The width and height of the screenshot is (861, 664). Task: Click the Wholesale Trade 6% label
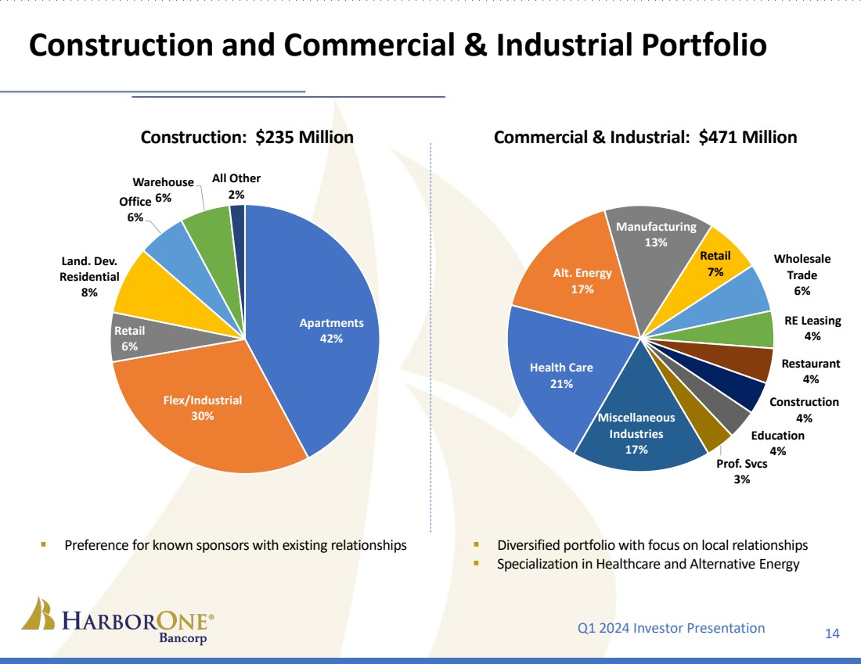(x=802, y=275)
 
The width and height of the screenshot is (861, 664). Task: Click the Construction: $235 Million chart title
(x=247, y=138)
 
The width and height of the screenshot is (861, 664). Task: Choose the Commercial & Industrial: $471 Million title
(x=645, y=138)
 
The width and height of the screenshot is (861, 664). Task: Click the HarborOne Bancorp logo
(x=117, y=623)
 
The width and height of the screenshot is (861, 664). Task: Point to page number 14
(x=832, y=633)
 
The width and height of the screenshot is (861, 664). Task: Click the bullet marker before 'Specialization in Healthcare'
(x=477, y=563)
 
